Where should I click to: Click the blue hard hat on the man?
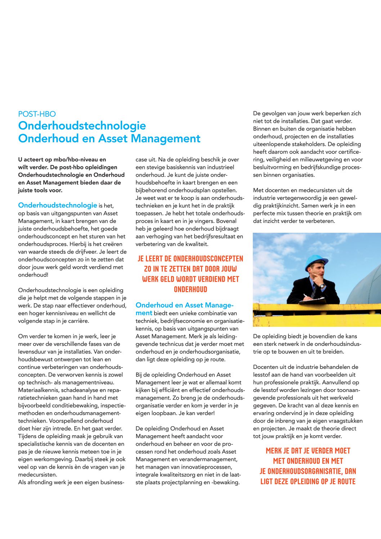pos(316,262)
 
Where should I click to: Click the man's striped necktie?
pos(314,290)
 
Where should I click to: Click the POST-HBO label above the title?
pos(37,114)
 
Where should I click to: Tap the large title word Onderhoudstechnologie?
pos(82,126)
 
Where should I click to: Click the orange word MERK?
pos(274,451)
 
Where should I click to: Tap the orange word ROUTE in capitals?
pos(344,482)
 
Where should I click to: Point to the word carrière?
pos(76,321)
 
